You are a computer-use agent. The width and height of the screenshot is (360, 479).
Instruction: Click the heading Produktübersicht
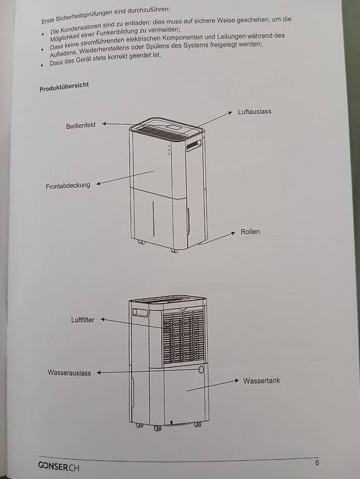coord(64,87)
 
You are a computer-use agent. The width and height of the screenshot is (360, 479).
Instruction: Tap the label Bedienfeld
coord(80,125)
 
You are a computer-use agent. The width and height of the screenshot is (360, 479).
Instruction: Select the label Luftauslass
coord(255,112)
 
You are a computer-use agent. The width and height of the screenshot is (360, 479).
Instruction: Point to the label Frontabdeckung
coord(68,186)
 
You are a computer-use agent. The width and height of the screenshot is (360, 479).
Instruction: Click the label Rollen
coord(250,231)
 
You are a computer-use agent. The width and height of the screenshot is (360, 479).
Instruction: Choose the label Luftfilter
coord(82,320)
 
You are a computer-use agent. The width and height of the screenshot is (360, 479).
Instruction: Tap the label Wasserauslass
coord(69,373)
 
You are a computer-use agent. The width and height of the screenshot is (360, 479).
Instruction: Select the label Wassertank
coord(261,380)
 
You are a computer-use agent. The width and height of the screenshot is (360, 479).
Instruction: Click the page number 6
coord(317,463)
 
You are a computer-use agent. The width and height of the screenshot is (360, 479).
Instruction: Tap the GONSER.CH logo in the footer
coord(59,466)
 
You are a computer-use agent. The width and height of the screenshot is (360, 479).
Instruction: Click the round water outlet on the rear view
coord(201,369)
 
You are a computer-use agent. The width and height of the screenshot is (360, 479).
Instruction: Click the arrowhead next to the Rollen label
coord(233,233)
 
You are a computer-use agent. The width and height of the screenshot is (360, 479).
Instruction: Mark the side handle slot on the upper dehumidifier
coord(194,145)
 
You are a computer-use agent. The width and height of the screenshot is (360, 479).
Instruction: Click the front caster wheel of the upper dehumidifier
coord(174,251)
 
